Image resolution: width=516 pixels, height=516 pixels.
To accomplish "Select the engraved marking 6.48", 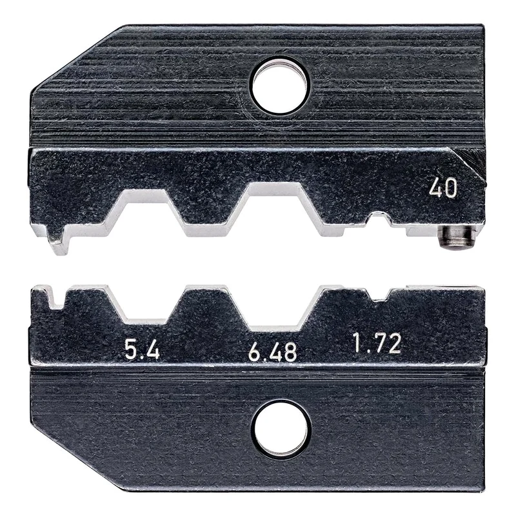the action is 272,352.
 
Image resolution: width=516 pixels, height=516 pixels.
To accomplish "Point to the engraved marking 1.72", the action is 377,344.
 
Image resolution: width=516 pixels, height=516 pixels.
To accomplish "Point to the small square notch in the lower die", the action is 377,295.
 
